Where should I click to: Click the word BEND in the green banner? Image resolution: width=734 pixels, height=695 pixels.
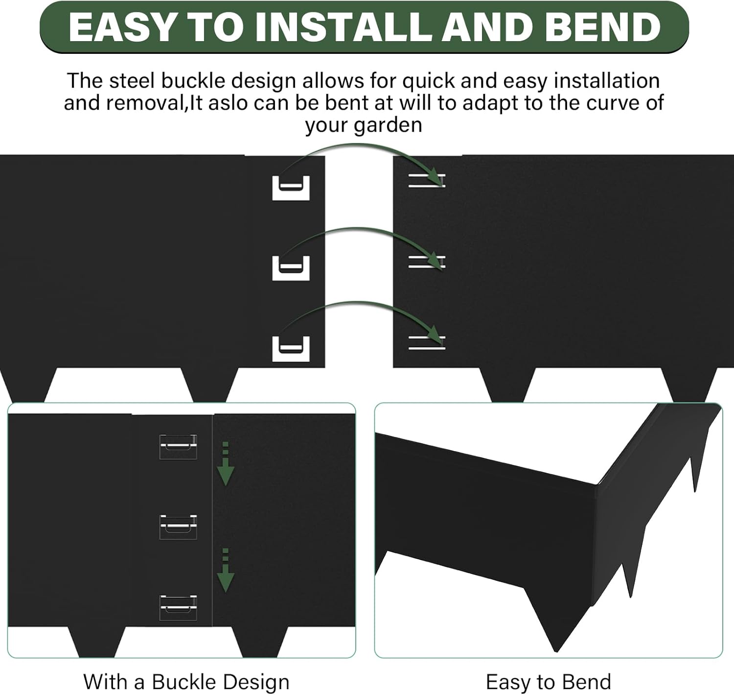[602, 27]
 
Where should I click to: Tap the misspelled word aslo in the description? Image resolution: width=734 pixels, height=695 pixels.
[228, 103]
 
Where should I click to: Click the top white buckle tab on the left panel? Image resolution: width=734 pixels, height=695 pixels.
[291, 188]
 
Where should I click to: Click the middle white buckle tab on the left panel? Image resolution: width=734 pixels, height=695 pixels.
[291, 268]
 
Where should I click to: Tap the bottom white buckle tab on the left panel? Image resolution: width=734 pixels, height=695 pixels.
[291, 349]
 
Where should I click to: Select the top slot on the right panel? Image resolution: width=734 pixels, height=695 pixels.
[427, 180]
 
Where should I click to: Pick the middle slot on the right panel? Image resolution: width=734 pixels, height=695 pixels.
[427, 262]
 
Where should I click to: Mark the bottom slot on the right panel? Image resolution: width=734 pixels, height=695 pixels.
[427, 342]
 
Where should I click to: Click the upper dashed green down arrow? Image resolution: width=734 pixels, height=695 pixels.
[225, 464]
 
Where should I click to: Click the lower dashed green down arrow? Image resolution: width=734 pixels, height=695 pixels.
[225, 570]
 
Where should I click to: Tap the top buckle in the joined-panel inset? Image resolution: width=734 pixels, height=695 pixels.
[178, 447]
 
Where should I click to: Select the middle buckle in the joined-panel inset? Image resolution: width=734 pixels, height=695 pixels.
[178, 527]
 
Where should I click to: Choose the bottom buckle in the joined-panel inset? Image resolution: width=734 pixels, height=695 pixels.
[178, 608]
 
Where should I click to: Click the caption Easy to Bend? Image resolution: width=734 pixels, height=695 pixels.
[549, 682]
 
